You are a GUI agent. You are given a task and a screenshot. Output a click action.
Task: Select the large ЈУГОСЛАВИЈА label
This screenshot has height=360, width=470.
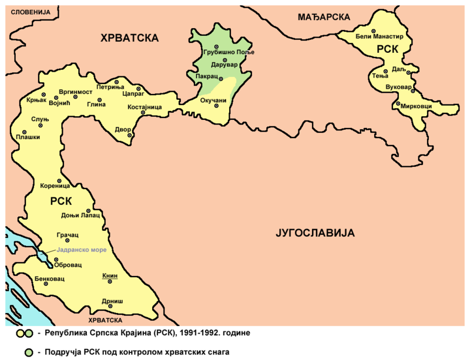click(x=314, y=233)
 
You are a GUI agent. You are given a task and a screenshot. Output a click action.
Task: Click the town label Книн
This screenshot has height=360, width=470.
click(x=110, y=276)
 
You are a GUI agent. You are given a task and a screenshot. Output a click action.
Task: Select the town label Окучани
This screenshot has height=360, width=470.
click(x=213, y=100)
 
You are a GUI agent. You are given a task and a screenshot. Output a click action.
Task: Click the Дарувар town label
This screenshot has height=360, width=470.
click(x=223, y=65)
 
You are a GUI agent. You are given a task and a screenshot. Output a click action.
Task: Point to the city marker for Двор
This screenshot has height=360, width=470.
click(x=129, y=136)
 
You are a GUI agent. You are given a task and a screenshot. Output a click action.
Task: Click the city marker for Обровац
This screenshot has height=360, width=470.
click(x=56, y=259)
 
